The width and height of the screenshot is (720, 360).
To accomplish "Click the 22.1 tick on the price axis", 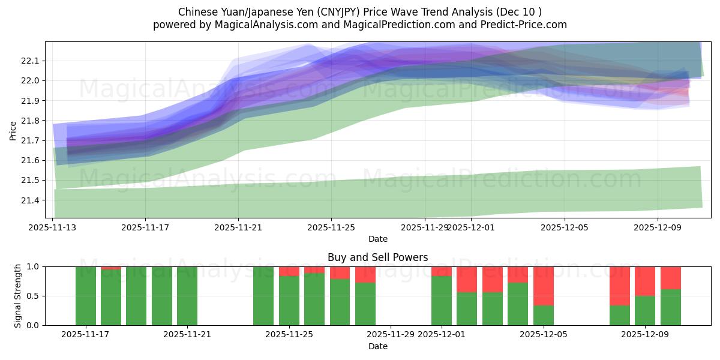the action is click(29, 61).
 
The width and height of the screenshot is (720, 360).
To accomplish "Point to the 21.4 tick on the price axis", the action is click(29, 200).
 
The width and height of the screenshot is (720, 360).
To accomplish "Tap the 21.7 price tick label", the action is click(29, 140).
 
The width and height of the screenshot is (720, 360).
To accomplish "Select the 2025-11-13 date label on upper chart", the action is click(52, 227).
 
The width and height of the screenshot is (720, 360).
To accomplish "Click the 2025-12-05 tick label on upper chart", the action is click(565, 227).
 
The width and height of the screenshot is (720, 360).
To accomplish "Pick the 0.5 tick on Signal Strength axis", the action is click(33, 296).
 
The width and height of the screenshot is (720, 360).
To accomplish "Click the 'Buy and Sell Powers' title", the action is click(377, 257).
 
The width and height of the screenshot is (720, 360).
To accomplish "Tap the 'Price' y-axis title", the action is click(13, 130).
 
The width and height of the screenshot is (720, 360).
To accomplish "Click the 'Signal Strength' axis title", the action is click(18, 295).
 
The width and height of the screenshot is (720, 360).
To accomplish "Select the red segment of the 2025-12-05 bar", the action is click(544, 286).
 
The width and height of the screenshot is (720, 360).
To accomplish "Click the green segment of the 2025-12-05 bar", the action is click(544, 315).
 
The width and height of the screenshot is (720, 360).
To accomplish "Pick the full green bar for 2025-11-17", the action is click(86, 296).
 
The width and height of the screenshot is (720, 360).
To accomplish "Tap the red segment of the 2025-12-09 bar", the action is click(645, 281).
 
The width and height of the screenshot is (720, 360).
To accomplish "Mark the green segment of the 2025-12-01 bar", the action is click(442, 300).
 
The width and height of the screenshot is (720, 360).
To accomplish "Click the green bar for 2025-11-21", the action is click(187, 296).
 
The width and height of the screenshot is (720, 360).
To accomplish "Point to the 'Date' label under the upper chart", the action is click(377, 239).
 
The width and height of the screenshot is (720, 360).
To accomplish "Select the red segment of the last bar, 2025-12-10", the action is click(671, 278).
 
